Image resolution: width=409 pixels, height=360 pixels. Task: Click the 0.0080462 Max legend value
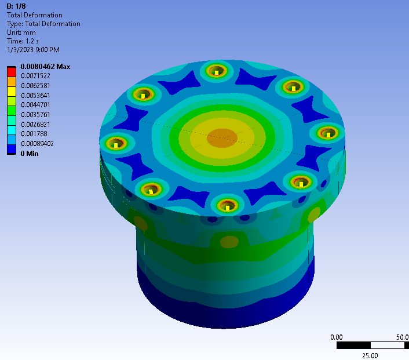45,67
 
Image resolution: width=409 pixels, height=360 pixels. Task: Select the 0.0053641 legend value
35,95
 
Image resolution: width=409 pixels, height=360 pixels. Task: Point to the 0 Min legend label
30,154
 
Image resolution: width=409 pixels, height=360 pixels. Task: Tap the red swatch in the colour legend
12,72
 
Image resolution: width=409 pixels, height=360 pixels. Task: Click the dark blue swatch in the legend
12,149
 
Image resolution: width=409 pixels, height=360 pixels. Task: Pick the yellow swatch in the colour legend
12,92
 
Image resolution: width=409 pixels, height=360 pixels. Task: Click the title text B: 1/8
16,6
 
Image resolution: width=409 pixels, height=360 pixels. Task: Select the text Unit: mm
21,32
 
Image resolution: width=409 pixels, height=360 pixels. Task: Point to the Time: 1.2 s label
23,41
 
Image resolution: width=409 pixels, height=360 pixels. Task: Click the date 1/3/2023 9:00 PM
33,50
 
